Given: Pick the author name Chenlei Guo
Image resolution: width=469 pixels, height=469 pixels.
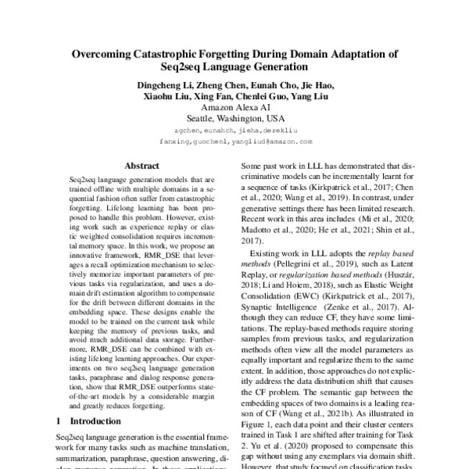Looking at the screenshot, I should pos(277,96).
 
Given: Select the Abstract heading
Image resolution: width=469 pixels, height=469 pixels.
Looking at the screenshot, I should pos(141,166).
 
